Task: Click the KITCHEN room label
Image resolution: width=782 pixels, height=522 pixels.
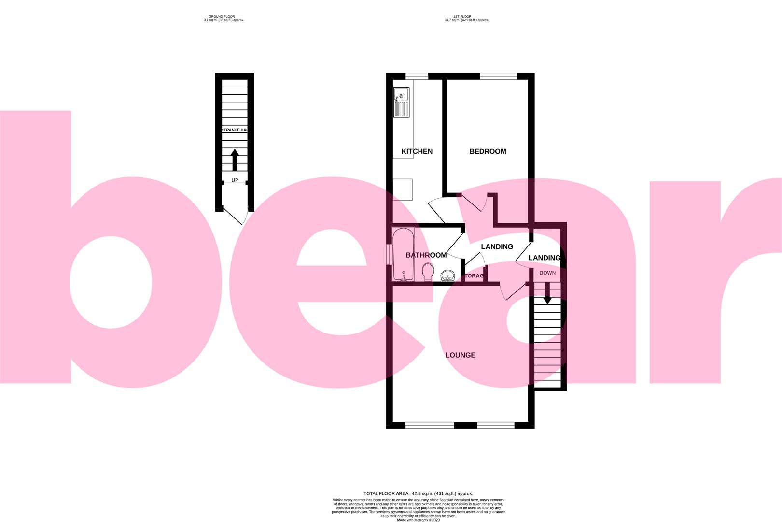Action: click(417, 151)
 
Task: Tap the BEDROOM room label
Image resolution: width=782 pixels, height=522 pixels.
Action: click(488, 151)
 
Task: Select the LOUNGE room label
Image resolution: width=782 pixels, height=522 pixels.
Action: click(460, 355)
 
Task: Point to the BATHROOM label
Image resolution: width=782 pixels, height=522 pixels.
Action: click(426, 255)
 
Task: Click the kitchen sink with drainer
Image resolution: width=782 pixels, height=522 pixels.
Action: click(401, 102)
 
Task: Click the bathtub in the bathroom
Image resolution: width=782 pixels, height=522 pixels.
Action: click(402, 255)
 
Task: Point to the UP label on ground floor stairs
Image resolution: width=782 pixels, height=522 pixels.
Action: click(235, 180)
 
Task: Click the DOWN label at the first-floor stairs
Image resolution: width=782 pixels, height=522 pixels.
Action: click(547, 273)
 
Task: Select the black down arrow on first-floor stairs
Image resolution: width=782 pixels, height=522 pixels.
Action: click(547, 293)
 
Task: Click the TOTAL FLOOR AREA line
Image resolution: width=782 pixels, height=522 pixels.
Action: click(418, 493)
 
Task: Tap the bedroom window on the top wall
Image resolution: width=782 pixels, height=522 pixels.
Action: click(499, 75)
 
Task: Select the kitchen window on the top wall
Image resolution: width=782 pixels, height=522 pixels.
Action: click(417, 75)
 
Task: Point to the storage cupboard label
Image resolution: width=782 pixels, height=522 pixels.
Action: click(474, 276)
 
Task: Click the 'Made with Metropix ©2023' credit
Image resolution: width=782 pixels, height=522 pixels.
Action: click(418, 520)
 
